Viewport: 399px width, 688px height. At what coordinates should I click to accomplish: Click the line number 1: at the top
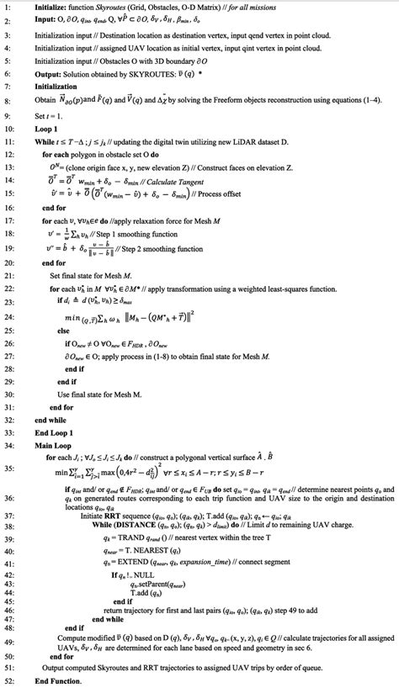(7, 6)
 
